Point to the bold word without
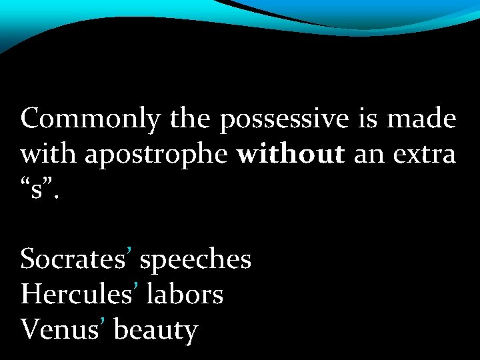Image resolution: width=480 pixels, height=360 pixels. [289, 155]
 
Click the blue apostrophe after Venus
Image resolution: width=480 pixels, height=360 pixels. [105, 323]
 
